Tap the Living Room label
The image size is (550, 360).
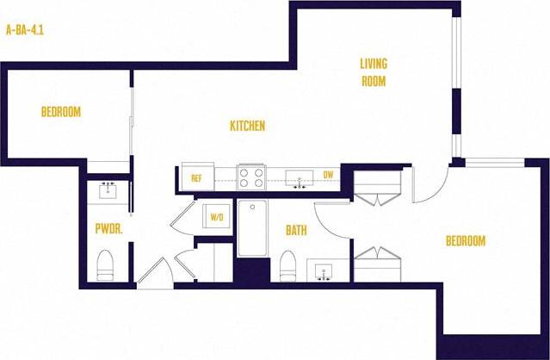373,72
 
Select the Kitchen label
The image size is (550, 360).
247,126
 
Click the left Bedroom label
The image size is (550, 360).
61,112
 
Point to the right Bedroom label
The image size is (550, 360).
466,241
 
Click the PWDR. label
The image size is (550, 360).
108,229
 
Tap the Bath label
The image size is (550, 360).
297,230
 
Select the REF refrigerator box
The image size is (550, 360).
196,178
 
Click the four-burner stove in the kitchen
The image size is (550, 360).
251,177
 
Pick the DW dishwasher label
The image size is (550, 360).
328,176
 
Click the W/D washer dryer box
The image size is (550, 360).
217,217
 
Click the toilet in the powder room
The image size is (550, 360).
106,264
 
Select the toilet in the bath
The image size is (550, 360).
288,264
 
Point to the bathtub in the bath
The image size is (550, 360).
253,229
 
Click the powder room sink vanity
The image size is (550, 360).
108,190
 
